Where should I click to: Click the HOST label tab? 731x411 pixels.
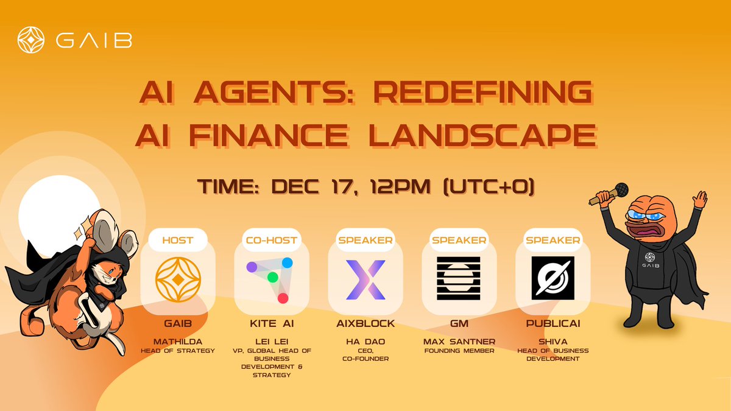pyautogui.click(x=177, y=240)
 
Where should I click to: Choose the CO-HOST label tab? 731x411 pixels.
pyautogui.click(x=271, y=240)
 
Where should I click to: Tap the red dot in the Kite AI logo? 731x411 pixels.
pyautogui.click(x=283, y=298)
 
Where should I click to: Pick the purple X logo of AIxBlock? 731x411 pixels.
pyautogui.click(x=365, y=279)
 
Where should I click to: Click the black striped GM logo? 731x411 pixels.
pyautogui.click(x=459, y=278)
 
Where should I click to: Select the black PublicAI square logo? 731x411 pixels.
pyautogui.click(x=553, y=278)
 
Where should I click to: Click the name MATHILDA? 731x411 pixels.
pyautogui.click(x=177, y=341)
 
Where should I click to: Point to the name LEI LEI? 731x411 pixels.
pyautogui.click(x=271, y=341)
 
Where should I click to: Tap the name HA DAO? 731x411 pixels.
pyautogui.click(x=365, y=341)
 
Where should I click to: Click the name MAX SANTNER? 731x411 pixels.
pyautogui.click(x=459, y=341)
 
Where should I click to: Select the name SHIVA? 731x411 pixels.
pyautogui.click(x=553, y=341)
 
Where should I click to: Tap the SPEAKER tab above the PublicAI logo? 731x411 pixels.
pyautogui.click(x=553, y=240)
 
